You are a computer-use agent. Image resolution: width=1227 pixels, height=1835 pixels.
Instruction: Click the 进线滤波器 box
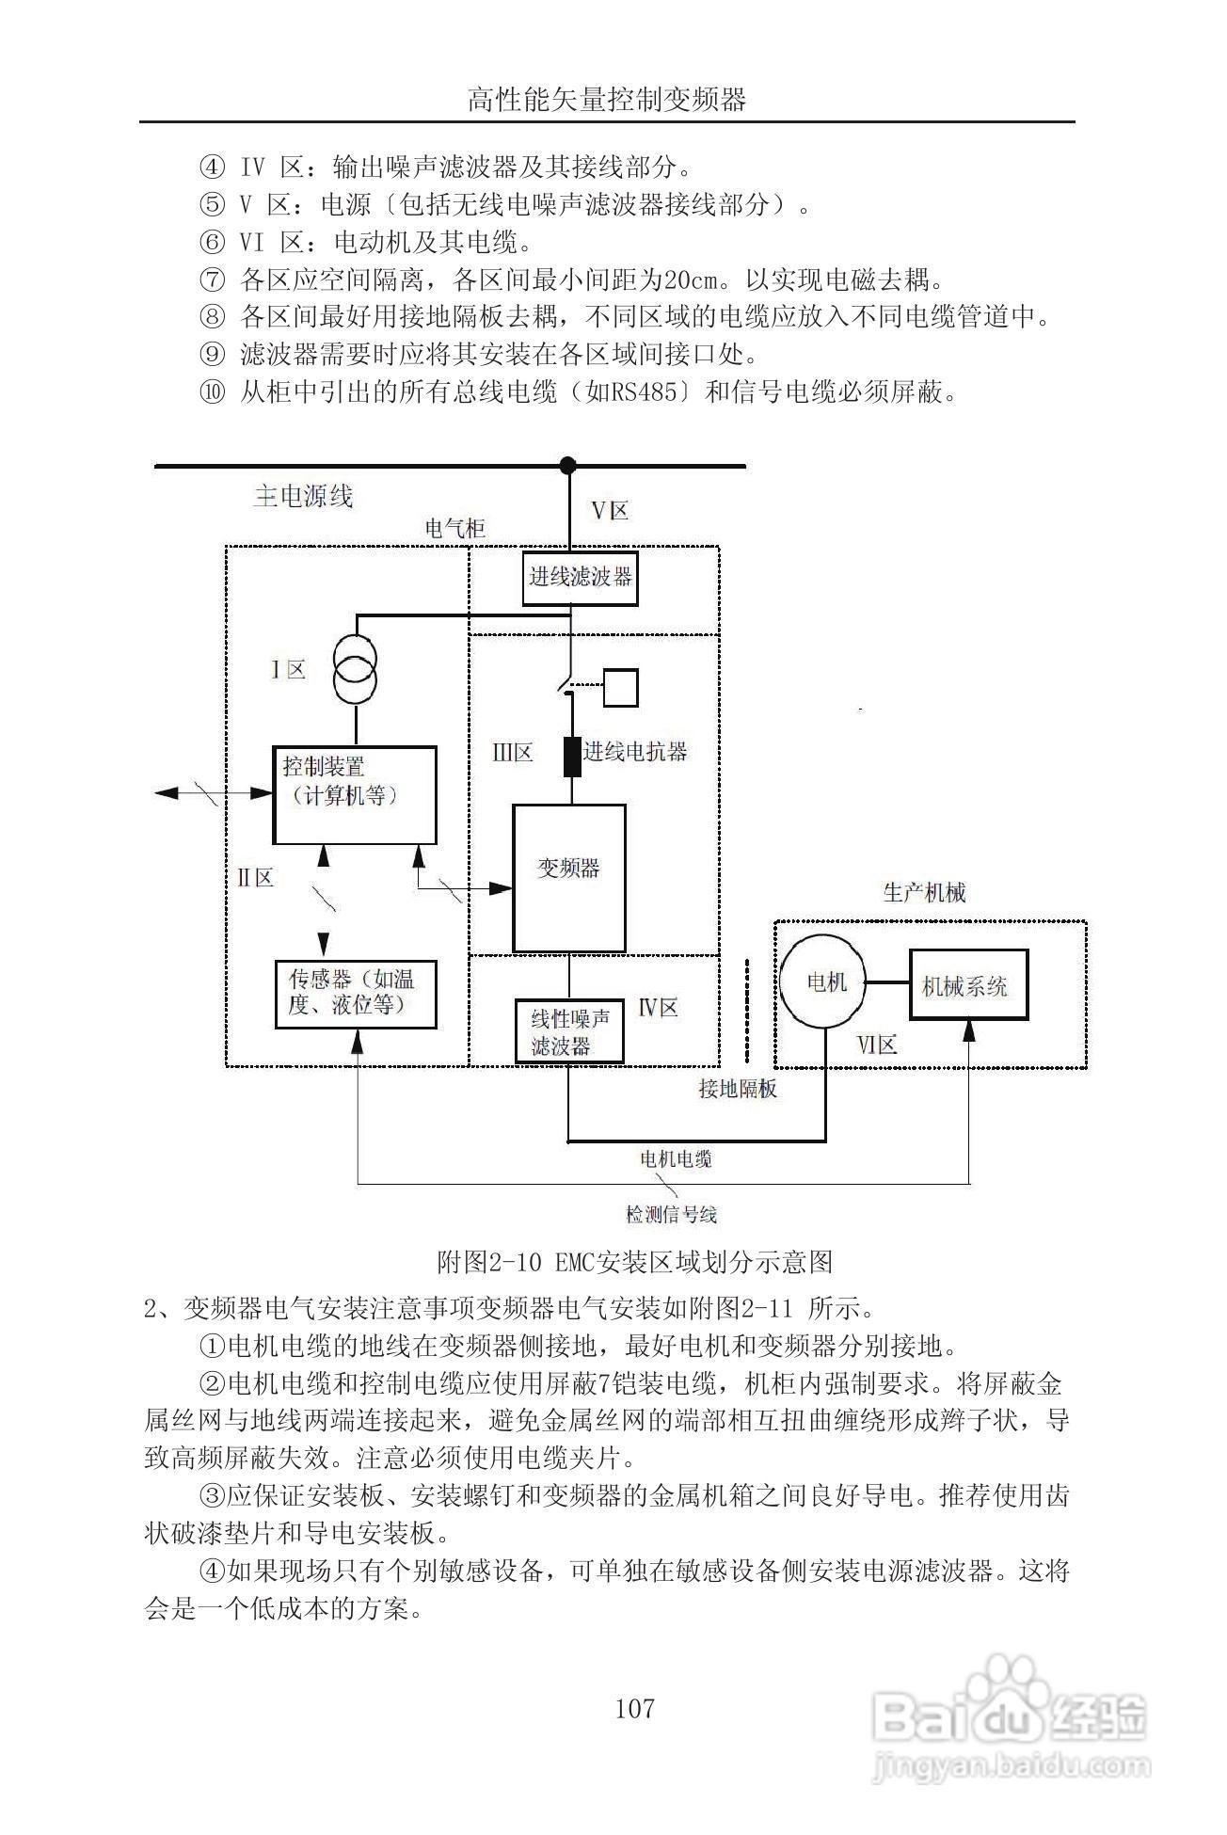point(580,577)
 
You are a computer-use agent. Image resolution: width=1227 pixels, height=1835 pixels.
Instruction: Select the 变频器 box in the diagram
point(568,877)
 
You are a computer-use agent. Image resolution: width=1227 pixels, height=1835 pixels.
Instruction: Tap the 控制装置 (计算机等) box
point(354,794)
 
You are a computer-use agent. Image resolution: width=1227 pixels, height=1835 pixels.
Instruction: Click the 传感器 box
point(355,994)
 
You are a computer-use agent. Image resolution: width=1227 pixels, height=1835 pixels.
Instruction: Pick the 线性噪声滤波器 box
point(568,1031)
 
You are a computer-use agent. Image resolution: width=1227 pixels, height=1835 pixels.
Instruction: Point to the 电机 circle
point(826,983)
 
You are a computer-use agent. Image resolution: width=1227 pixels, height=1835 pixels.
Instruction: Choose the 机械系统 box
point(967,984)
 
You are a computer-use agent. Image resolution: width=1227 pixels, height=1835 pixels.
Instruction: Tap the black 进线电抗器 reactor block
point(571,756)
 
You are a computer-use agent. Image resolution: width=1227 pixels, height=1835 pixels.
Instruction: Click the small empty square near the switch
point(620,687)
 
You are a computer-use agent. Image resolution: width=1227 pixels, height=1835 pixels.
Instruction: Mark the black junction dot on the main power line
point(567,465)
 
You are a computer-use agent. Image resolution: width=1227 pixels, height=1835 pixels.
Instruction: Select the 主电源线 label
point(303,496)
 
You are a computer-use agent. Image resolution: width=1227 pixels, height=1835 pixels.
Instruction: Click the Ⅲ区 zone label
point(512,752)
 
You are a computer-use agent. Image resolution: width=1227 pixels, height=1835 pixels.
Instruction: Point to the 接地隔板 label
point(738,1089)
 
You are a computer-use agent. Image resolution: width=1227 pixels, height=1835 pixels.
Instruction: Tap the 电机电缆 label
point(676,1157)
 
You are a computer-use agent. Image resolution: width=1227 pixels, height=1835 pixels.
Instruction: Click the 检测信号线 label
point(672,1214)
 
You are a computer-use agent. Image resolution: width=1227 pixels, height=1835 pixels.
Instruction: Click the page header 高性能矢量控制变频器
point(607,99)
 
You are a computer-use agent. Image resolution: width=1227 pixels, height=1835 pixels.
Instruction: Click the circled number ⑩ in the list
point(212,392)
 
